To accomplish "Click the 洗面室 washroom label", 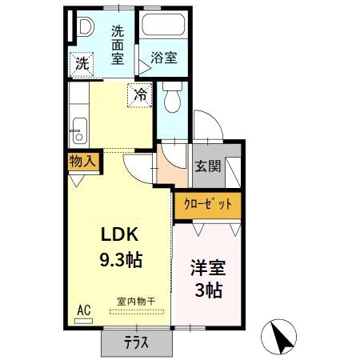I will pyautogui.click(x=118, y=44).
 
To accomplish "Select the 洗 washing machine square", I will pyautogui.click(x=82, y=63).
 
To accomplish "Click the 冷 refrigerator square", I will pyautogui.click(x=139, y=94).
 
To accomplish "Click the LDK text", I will pyautogui.click(x=120, y=234).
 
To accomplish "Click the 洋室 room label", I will pyautogui.click(x=207, y=268).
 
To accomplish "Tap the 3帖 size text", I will pyautogui.click(x=207, y=289).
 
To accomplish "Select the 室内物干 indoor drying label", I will pyautogui.click(x=136, y=301).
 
